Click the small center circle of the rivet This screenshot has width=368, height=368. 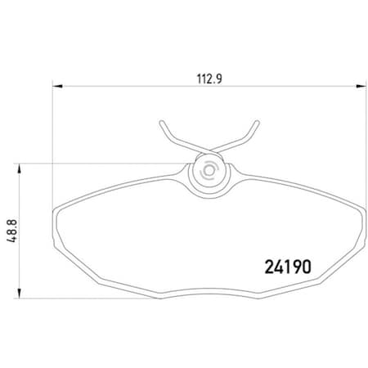[207, 173]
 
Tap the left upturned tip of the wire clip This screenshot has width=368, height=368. [157, 124]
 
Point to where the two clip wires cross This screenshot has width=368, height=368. [204, 152]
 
